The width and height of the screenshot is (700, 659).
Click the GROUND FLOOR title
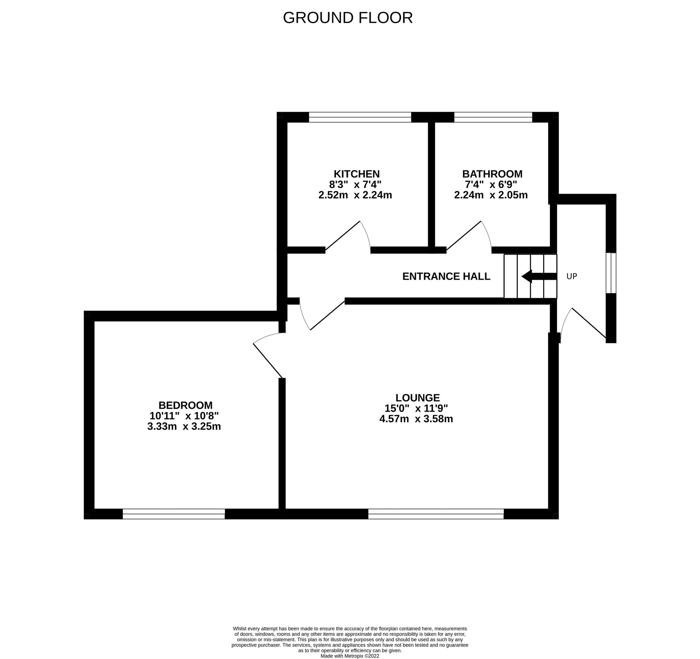tap(348, 18)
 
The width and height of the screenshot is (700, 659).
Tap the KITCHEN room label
tap(356, 174)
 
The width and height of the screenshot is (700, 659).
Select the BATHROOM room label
tap(492, 174)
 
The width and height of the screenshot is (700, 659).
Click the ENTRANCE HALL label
tap(446, 276)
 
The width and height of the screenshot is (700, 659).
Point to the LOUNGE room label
tap(417, 398)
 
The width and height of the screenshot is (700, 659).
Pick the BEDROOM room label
tap(185, 405)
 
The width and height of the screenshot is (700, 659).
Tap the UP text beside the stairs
tap(572, 277)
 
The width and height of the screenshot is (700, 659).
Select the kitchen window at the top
tap(360, 117)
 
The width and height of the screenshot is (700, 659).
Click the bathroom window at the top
tap(493, 117)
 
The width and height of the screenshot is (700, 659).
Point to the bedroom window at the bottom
tap(173, 514)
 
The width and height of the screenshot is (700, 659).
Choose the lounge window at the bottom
tap(436, 514)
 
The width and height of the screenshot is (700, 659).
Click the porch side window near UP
tap(611, 273)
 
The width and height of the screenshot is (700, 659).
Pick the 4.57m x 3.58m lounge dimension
tap(416, 419)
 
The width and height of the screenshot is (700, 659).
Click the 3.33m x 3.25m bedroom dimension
tap(184, 427)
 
